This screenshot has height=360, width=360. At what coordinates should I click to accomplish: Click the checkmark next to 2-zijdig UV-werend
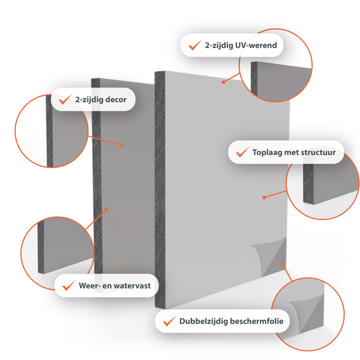point(195,45)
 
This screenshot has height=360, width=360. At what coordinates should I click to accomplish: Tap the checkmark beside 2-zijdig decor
point(65,99)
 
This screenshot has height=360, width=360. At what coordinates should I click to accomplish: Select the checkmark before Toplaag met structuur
point(242,152)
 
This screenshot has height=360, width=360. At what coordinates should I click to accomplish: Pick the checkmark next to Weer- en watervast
point(69,285)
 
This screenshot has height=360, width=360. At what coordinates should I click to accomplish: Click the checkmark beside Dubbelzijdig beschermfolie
point(170,321)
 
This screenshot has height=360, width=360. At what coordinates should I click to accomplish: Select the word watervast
point(132,286)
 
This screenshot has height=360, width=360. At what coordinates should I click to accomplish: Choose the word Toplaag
point(267,153)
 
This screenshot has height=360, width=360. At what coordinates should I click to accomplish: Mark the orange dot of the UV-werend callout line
point(223,82)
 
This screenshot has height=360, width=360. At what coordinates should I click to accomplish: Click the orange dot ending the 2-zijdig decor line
point(122,145)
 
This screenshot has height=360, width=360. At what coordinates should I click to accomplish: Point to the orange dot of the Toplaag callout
point(264,198)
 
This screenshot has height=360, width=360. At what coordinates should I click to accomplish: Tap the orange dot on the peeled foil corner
point(282,263)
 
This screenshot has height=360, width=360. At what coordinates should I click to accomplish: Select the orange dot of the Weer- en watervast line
point(106,209)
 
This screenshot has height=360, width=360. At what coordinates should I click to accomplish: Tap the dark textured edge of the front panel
point(160,190)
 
